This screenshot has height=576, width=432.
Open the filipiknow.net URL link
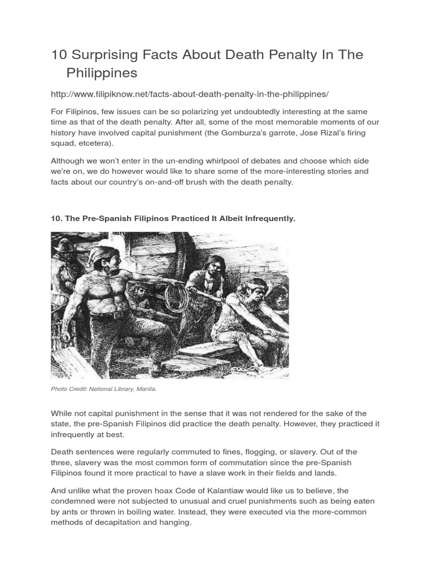[190, 93]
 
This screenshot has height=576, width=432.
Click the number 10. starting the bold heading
[57, 218]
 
